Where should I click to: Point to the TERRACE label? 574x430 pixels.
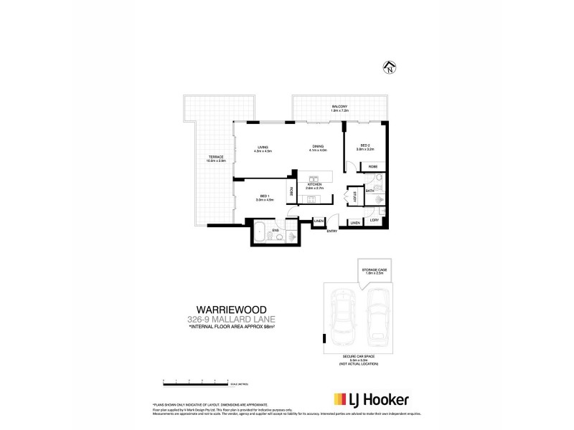pyautogui.click(x=216, y=157)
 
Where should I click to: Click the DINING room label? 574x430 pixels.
pyautogui.click(x=317, y=148)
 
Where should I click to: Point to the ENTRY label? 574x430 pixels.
pyautogui.click(x=331, y=231)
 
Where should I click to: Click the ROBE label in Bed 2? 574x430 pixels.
pyautogui.click(x=373, y=166)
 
